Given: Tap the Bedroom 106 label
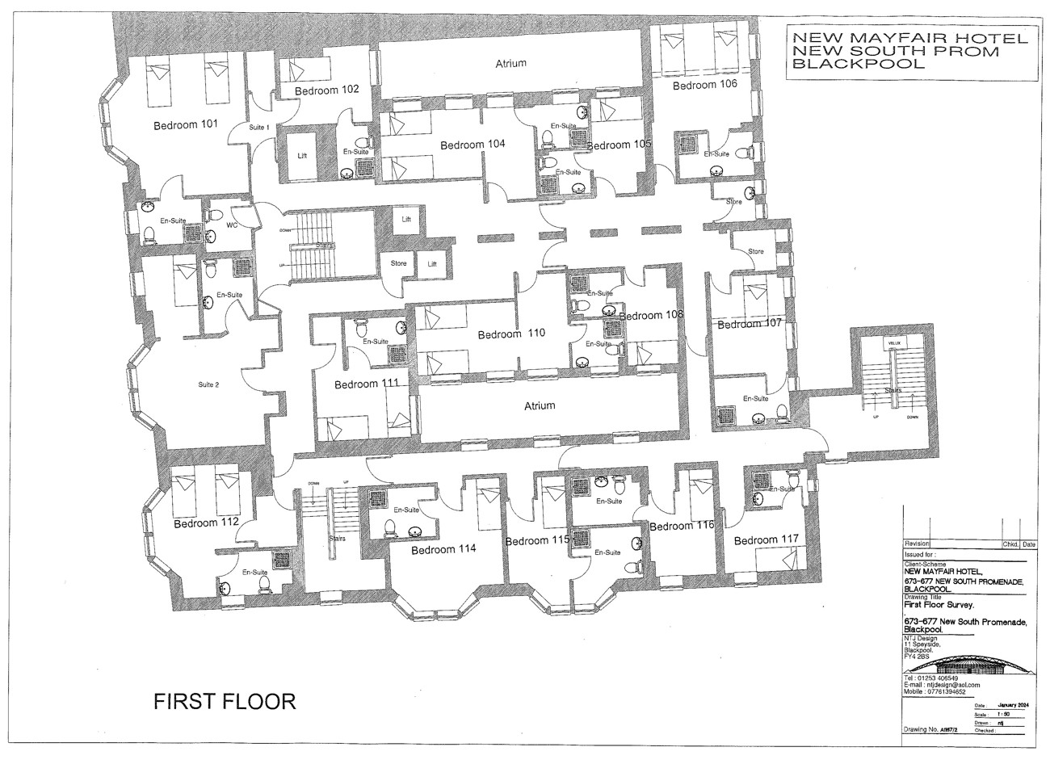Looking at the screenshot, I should coord(705,85).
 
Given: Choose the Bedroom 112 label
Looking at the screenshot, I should coord(206,523).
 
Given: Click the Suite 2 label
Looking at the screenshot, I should coord(208,385).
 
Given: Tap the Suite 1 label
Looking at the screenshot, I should coord(258,128).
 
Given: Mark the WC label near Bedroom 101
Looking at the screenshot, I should coord(231,225).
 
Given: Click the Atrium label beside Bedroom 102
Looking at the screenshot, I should coord(510,63).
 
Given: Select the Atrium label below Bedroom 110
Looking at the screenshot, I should coord(539,405).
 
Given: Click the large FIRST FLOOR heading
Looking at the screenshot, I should coord(225,701).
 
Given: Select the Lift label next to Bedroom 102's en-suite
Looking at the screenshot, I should coord(302,156).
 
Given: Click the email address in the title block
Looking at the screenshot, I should coord(942,685).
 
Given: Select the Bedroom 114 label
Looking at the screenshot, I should coord(443,549).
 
